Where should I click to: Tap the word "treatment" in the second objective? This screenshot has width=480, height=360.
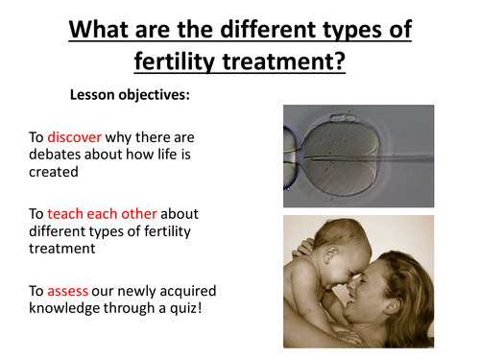pyautogui.click(x=63, y=249)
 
